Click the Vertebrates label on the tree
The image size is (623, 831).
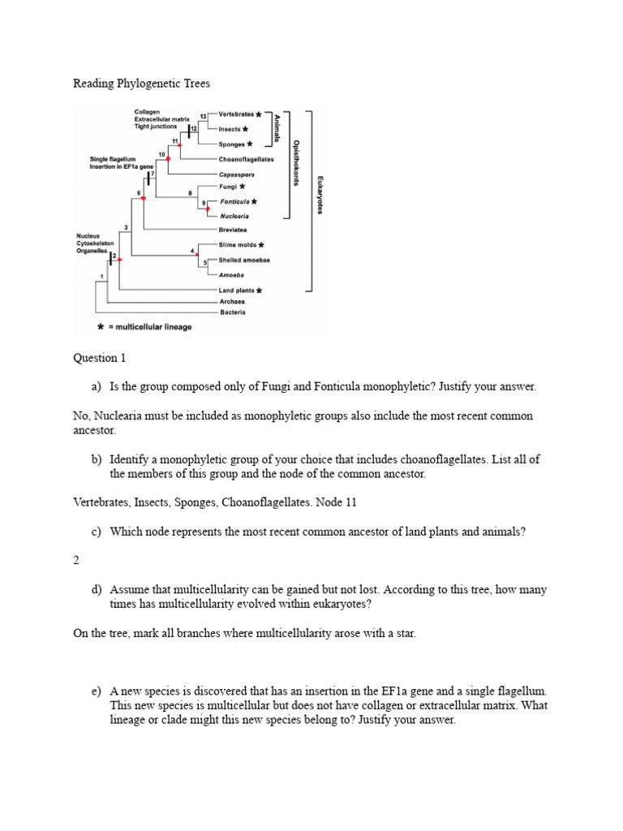pos(236,114)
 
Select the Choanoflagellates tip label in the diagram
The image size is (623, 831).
pos(246,159)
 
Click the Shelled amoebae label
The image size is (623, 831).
pos(244,260)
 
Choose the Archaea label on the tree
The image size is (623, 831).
pos(231,301)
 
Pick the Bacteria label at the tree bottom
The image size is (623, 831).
pos(231,312)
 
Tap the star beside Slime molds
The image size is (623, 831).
pos(260,244)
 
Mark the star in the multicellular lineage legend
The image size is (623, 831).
pos(100,327)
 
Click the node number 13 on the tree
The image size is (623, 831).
pos(203,117)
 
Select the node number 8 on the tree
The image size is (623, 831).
pos(190,192)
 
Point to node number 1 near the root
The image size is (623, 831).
pos(101,278)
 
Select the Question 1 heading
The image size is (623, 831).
pos(100,357)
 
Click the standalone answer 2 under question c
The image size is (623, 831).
pos(76,560)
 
